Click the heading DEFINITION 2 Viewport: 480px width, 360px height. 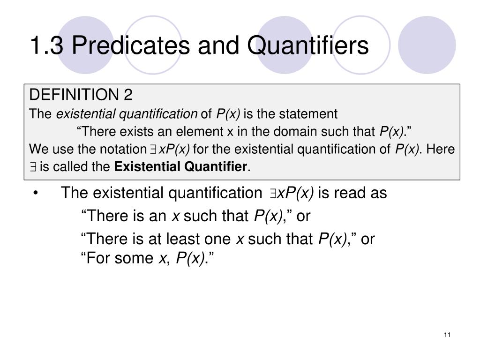(81, 95)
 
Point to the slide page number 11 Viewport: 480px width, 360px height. (447, 334)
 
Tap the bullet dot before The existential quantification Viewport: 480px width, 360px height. (36, 193)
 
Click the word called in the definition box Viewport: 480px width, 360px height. (71, 166)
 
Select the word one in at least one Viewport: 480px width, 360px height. (219, 239)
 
